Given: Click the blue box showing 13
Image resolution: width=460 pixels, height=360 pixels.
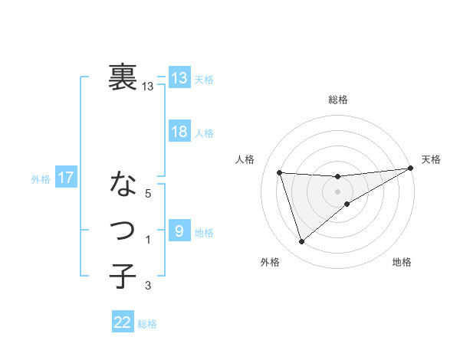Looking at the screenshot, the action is [179, 77].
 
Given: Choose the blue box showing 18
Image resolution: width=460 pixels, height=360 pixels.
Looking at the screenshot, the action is [179, 132].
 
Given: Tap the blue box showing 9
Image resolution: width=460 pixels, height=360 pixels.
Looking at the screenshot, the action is [179, 231].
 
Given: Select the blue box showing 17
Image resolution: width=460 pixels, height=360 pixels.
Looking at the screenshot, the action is [66, 178].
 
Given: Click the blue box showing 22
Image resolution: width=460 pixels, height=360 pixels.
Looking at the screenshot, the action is [123, 322].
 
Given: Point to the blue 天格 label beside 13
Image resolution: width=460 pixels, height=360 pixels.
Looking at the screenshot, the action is [204, 79].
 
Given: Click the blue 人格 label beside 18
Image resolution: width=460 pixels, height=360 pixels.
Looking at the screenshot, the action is [204, 133].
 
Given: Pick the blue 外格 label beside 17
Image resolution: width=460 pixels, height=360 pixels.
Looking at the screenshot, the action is [41, 179].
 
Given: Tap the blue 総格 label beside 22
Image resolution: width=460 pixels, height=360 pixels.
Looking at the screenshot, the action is [147, 324].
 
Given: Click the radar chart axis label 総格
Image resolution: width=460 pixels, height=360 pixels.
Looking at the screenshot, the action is [338, 100].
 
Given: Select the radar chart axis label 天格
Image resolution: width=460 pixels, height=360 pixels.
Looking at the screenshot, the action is [431, 159].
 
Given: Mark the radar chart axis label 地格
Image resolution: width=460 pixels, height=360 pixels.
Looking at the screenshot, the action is [402, 263].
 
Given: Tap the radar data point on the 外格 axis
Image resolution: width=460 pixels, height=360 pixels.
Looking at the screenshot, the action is [302, 242].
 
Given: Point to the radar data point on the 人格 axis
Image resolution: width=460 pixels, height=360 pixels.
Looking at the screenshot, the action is [280, 172].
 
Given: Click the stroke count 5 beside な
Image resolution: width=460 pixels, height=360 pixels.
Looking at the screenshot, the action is [149, 195].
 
